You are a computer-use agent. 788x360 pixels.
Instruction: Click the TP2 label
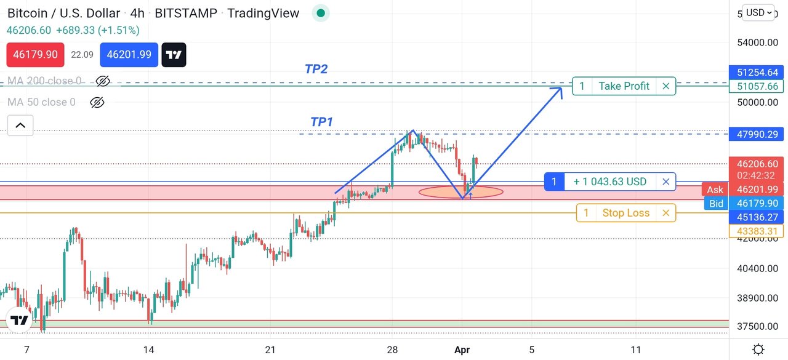click(316, 69)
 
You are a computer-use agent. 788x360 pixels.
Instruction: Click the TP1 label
click(321, 122)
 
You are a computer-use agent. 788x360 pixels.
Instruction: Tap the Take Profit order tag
click(624, 86)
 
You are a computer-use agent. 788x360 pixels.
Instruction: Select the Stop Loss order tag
click(625, 213)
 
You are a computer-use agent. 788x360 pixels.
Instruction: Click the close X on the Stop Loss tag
click(665, 213)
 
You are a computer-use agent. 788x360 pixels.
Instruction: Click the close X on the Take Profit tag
click(665, 86)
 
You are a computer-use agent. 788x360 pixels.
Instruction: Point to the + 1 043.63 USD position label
click(609, 182)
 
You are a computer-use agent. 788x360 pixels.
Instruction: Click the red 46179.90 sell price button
click(35, 55)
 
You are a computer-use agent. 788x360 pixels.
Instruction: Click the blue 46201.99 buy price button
click(129, 55)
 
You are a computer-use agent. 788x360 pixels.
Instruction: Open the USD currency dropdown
click(759, 13)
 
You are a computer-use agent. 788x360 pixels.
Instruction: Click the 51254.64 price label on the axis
click(755, 72)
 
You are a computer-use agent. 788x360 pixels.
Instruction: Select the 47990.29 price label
click(755, 134)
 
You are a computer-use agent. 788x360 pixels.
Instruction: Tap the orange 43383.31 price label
click(755, 231)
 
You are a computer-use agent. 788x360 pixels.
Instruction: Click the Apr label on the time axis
click(462, 350)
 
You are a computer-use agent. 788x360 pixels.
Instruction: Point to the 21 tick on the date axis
click(270, 350)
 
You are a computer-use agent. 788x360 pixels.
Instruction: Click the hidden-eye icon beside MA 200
click(103, 81)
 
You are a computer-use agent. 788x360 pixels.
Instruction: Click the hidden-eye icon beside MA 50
click(97, 102)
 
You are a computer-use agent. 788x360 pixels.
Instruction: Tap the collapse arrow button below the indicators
click(20, 126)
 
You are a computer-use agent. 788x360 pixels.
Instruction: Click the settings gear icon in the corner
click(758, 350)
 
